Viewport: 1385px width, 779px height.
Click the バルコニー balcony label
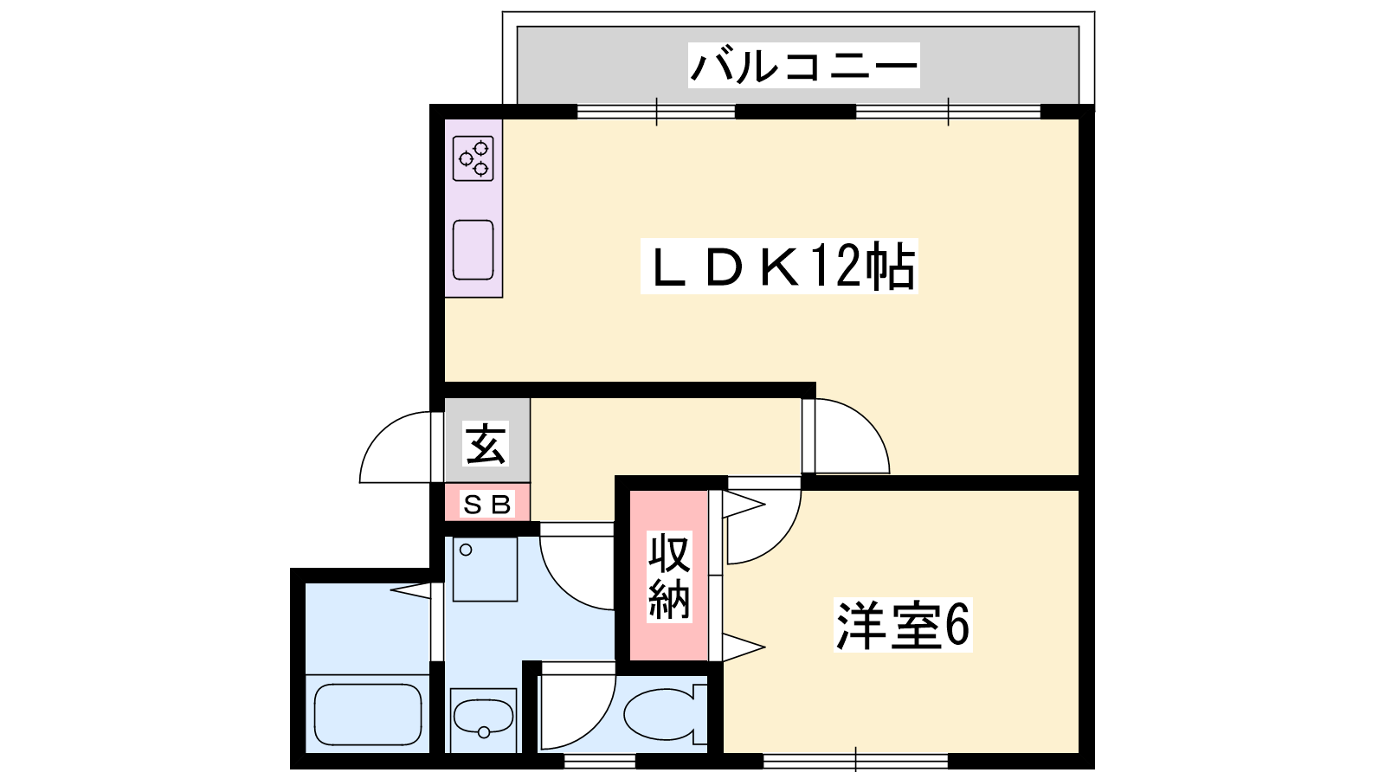click(x=803, y=66)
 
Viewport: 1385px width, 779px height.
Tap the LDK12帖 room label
click(x=779, y=266)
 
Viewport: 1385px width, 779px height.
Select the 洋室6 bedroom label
click(x=903, y=625)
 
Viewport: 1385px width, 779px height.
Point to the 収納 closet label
click(x=669, y=576)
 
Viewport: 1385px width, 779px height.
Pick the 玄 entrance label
click(x=486, y=443)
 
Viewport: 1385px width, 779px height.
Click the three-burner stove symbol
click(x=473, y=158)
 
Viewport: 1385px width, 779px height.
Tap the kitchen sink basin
click(x=473, y=250)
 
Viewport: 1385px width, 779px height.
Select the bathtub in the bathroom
click(x=368, y=715)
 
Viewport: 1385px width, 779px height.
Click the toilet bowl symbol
click(x=665, y=714)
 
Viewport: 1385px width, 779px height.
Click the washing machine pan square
click(x=485, y=570)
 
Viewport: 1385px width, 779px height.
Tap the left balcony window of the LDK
click(x=656, y=112)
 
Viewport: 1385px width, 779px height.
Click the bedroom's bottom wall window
click(x=856, y=761)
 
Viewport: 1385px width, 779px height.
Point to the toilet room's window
click(x=600, y=761)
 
